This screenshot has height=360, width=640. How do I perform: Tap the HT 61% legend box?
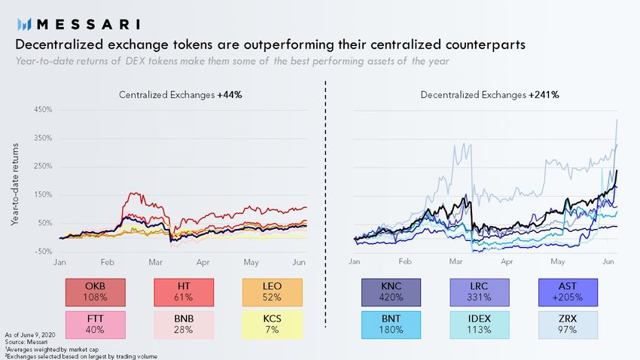click(184, 292)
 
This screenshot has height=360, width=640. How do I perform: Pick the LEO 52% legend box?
click(273, 292)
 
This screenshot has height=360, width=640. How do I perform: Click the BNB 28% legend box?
click(184, 324)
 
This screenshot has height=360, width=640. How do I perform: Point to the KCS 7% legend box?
click(273, 324)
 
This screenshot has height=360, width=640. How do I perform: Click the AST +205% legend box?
click(567, 292)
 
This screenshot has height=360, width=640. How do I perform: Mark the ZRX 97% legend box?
click(567, 324)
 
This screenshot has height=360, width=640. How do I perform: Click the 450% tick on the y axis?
click(43, 109)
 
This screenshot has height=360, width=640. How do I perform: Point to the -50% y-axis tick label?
click(43, 252)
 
